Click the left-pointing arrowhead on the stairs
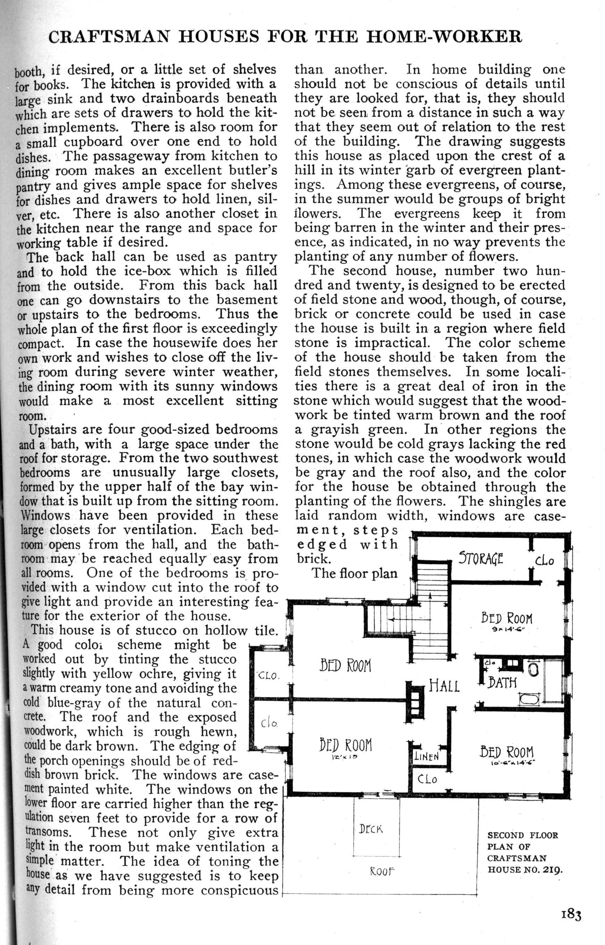(391, 619)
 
